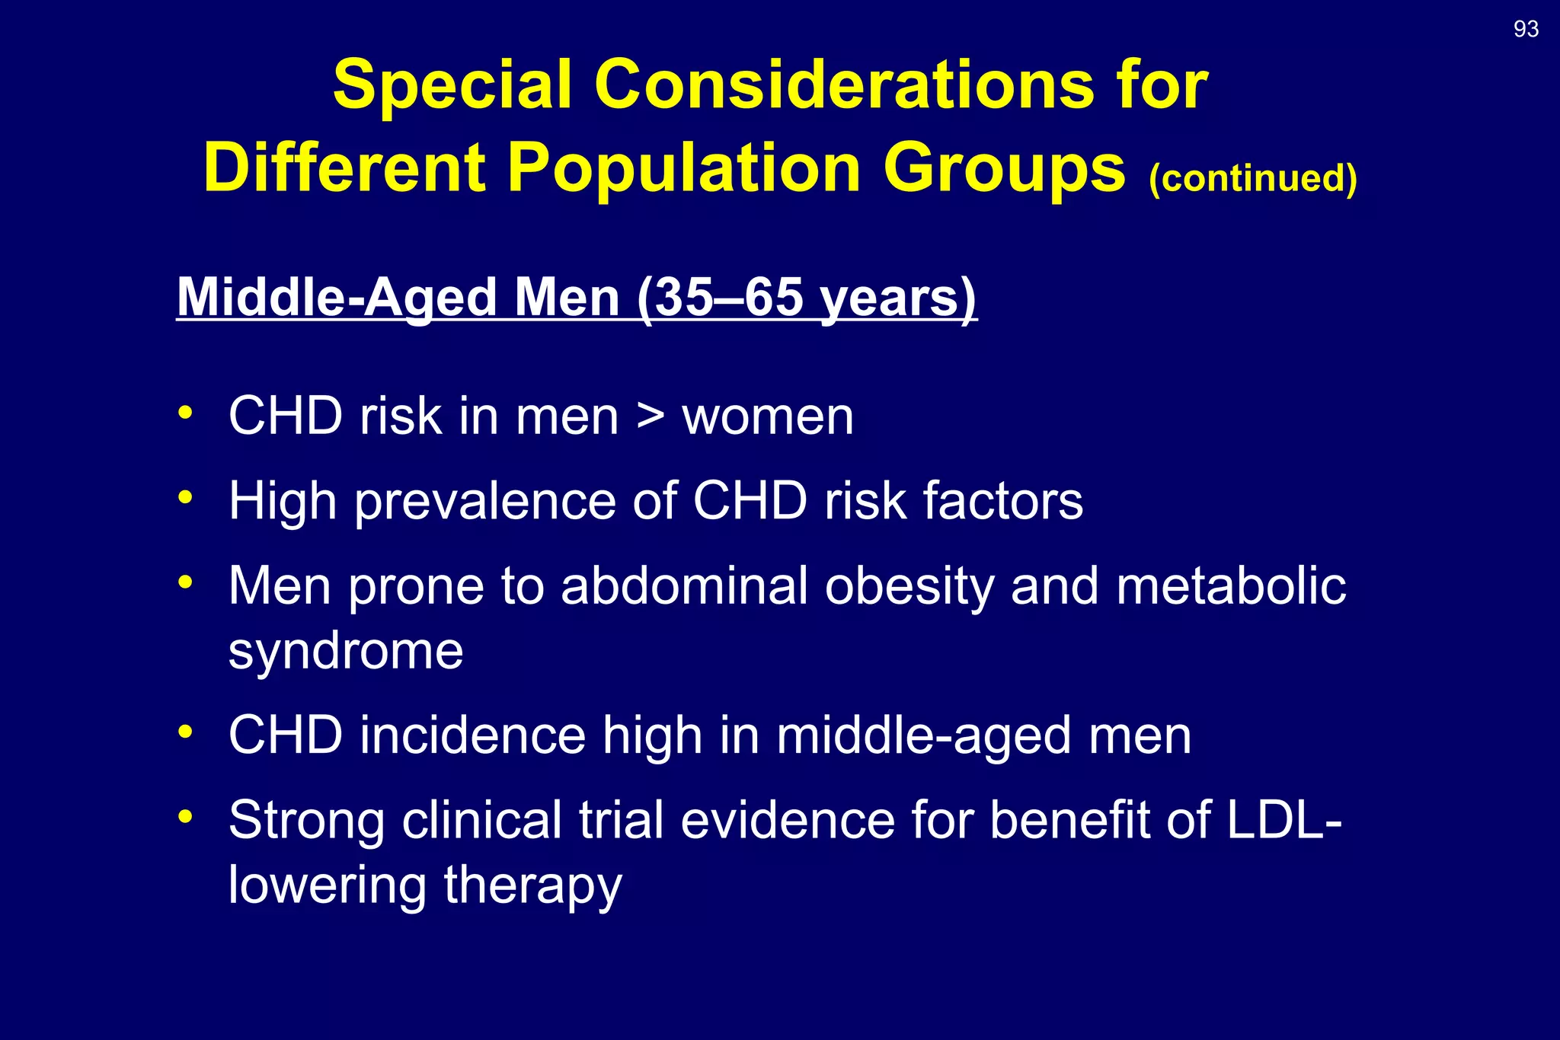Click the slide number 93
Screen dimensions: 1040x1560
tap(1526, 29)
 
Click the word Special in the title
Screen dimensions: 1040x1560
tap(452, 85)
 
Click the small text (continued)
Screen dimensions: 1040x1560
tap(1252, 178)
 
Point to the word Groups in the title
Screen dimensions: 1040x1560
tap(1003, 168)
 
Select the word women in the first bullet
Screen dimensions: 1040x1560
tap(767, 416)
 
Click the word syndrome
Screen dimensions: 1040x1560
tap(346, 652)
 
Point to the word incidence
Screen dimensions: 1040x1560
tap(472, 735)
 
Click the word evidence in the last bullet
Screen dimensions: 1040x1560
tap(788, 820)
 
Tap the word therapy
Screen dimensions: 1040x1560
tap(532, 885)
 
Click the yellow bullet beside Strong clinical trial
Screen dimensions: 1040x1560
tap(185, 816)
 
